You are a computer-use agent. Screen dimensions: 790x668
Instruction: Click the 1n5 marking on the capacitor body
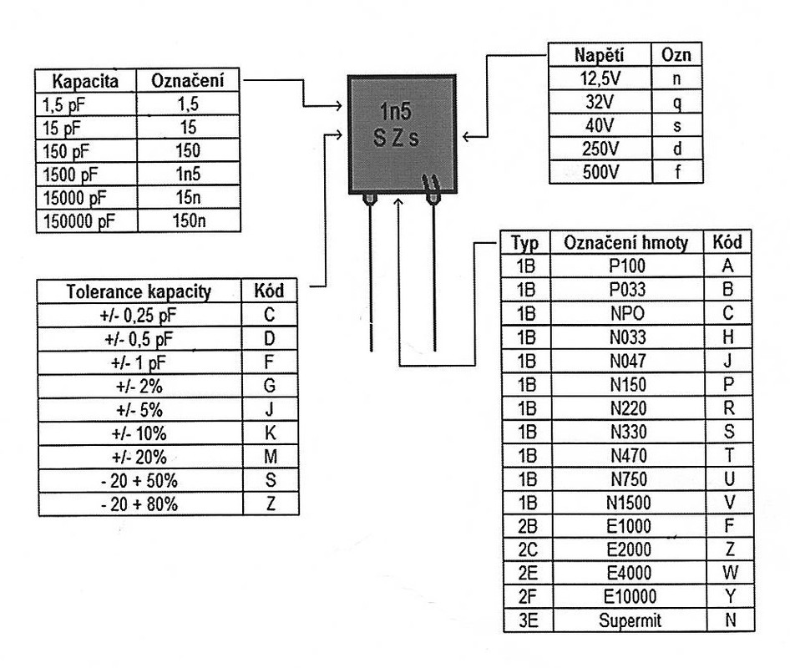pos(396,111)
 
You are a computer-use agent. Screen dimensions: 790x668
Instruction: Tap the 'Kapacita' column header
pos(85,81)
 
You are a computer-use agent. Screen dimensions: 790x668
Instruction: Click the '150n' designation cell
pos(189,220)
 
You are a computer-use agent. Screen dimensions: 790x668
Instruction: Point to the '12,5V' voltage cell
pos(600,78)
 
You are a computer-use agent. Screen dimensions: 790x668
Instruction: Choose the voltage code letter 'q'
pos(677,102)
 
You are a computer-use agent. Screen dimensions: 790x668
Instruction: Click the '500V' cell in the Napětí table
pos(600,172)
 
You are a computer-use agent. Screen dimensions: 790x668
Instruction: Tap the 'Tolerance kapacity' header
pos(139,291)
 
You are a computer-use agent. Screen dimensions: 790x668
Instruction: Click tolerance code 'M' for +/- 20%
pos(271,457)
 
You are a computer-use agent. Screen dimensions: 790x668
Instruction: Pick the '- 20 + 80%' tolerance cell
pos(139,504)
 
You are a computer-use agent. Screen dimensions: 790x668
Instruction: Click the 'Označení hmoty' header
pos(625,243)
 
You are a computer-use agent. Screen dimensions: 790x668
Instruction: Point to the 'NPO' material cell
pos(627,313)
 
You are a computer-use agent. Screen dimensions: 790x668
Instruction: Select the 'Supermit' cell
pos(630,620)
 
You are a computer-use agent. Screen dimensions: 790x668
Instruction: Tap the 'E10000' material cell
pos(630,596)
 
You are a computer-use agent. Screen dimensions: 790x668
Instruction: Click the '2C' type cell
pos(528,549)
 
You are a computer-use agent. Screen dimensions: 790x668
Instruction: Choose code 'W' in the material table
pos(730,573)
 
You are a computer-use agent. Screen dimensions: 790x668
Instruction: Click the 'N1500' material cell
pos(629,503)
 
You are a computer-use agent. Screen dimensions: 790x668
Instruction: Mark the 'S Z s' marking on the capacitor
pos(396,138)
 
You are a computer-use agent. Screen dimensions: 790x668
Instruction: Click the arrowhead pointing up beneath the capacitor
pos(398,203)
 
